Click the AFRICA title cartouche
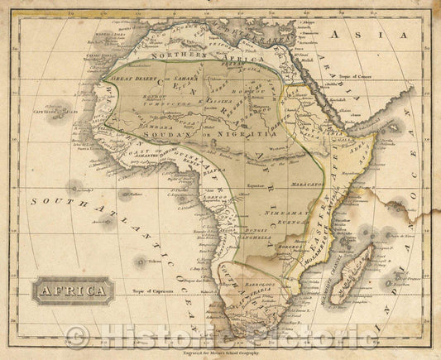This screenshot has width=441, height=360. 74,290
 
